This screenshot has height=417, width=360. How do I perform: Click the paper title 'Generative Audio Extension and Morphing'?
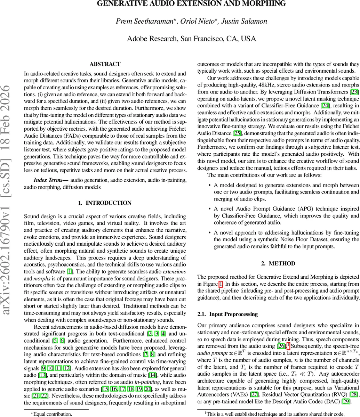[x=191, y=4]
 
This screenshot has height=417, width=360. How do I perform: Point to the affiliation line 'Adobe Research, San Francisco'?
[x=191, y=39]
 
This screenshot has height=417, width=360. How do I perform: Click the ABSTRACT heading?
[x=105, y=64]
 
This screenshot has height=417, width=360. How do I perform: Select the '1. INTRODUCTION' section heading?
[x=105, y=203]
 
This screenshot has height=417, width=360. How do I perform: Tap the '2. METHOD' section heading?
[x=278, y=263]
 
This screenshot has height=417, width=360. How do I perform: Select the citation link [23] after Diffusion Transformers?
[x=354, y=92]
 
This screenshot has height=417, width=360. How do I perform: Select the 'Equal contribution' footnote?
[x=51, y=414]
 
